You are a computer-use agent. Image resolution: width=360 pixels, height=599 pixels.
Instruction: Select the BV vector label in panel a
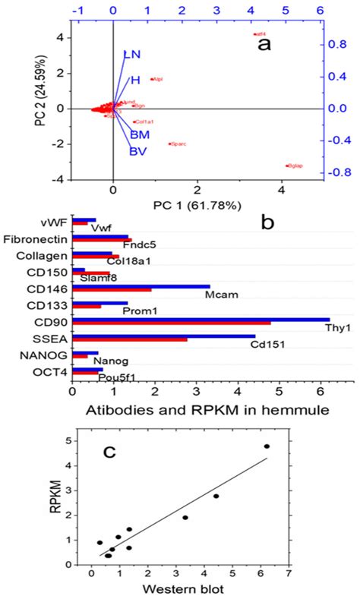click(x=137, y=151)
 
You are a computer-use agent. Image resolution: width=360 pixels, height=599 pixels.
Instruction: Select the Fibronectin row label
click(x=35, y=239)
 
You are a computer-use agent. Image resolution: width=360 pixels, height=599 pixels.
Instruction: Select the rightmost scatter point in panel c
click(x=288, y=446)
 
